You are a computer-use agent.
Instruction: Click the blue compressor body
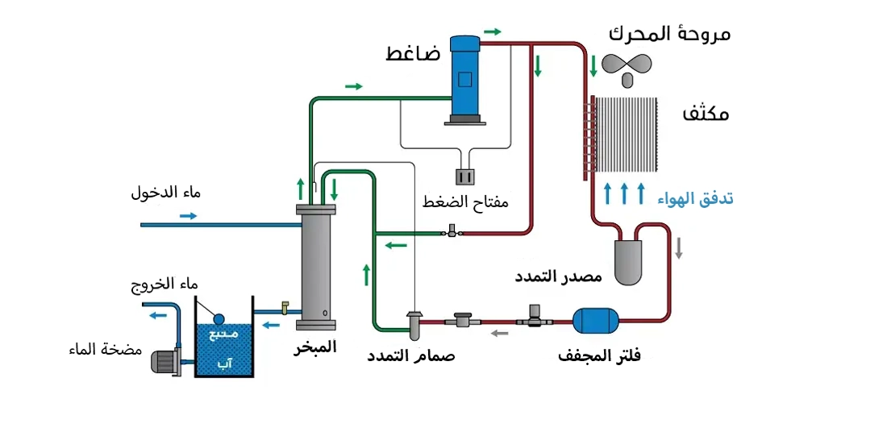464,77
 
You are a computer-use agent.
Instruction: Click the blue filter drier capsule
594,322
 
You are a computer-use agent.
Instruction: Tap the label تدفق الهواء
696,197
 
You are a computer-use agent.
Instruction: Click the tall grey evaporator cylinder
315,266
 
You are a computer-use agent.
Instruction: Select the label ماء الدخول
166,194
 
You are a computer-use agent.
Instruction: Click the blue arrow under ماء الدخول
188,216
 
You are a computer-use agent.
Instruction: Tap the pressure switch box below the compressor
466,177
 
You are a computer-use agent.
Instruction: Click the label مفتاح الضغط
466,202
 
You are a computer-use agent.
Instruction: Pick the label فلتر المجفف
599,355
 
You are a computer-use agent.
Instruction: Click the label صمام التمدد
411,355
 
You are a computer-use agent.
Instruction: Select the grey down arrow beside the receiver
679,249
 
